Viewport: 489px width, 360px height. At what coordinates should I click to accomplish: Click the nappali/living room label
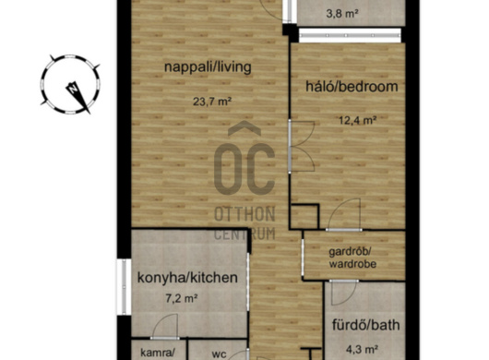point(208,67)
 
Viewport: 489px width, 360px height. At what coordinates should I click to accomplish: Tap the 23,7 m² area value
point(212,102)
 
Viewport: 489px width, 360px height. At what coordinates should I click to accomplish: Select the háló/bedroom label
point(352,87)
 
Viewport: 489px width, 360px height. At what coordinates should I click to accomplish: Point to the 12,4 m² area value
point(358,120)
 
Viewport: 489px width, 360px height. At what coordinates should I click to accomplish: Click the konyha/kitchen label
point(187,278)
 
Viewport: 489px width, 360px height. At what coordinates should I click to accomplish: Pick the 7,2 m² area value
point(181,298)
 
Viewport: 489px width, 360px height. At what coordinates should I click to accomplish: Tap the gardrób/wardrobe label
point(352,258)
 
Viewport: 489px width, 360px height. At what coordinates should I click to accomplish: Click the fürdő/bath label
point(365,325)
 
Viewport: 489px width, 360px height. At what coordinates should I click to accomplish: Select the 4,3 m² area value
point(363,349)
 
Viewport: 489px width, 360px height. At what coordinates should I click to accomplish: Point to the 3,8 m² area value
point(342,14)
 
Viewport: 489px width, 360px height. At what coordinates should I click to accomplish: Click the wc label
point(219,354)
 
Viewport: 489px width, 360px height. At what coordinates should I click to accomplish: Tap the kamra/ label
point(158,353)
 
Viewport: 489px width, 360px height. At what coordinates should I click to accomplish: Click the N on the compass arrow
point(73,89)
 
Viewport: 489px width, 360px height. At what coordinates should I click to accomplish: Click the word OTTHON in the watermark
point(244,213)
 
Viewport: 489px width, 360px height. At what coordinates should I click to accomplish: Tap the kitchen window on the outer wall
point(124,286)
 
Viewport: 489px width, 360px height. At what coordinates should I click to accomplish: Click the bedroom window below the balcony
point(350,36)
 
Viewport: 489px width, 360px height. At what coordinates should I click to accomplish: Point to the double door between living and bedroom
point(302,147)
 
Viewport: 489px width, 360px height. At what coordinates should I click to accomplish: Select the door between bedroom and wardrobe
point(344,215)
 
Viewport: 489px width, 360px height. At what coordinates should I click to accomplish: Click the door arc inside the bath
point(344,293)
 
